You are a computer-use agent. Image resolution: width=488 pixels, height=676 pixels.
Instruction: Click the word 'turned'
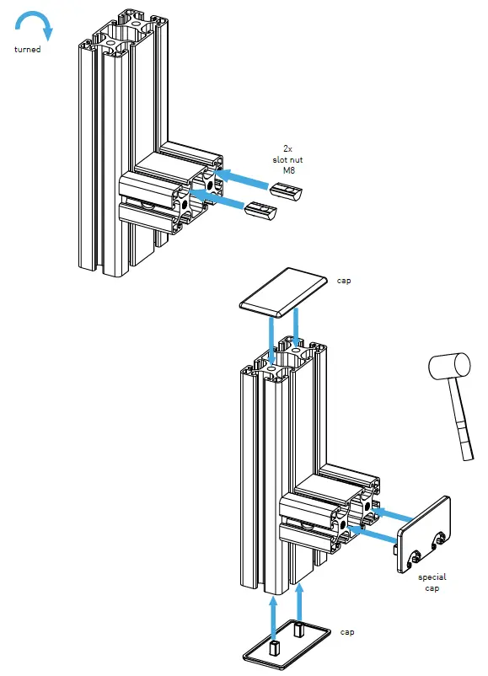click(x=27, y=50)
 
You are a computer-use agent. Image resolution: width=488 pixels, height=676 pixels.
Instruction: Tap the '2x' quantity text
click(x=288, y=148)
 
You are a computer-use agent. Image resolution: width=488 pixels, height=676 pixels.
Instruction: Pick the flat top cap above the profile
click(x=282, y=292)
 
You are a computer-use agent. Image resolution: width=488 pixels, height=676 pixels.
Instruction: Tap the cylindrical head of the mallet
click(x=448, y=367)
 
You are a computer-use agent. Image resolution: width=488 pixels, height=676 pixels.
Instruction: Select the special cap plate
click(x=423, y=535)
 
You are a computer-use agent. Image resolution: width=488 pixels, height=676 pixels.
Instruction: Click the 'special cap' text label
click(x=432, y=582)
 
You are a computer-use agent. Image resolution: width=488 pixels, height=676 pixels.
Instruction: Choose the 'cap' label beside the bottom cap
click(x=347, y=630)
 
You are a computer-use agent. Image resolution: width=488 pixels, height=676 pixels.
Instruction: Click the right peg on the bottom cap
click(x=300, y=627)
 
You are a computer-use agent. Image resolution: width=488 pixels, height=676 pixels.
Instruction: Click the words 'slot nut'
click(x=288, y=159)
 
